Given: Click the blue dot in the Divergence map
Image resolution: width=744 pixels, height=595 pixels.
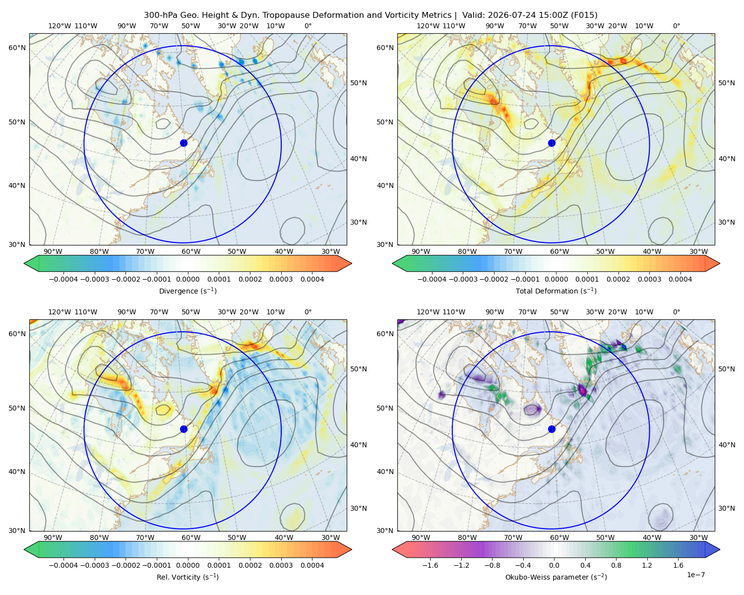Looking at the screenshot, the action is [184, 143].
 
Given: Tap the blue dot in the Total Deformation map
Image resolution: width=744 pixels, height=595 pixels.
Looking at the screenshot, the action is [552, 143].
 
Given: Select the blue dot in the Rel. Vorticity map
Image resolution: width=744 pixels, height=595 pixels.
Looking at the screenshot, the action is [184, 429].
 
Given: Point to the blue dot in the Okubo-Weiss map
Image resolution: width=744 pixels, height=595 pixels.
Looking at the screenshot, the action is [552, 429].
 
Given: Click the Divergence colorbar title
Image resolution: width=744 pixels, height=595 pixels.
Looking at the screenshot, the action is [187, 291].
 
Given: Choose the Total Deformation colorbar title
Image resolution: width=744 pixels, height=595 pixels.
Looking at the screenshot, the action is [556, 291].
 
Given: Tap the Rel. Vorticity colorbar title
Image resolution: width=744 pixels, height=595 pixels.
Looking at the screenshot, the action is [187, 577].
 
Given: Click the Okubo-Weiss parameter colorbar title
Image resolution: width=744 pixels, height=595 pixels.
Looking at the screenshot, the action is [556, 577].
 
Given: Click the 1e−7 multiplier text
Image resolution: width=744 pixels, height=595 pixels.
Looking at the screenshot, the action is [695, 575].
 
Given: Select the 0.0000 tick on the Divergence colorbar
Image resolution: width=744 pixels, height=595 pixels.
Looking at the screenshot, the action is [187, 279].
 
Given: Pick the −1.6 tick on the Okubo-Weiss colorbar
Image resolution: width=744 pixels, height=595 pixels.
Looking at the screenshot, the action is [431, 565].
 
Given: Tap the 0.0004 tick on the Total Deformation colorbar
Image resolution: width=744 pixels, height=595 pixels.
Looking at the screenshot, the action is [680, 279].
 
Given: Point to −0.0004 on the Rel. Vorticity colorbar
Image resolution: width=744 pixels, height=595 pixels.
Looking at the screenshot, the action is [63, 565].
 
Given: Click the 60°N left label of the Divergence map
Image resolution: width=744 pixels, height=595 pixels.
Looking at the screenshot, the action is [17, 48].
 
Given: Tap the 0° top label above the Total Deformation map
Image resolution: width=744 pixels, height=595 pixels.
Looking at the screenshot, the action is [677, 26].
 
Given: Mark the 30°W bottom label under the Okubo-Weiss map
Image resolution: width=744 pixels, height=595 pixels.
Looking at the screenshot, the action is [699, 537].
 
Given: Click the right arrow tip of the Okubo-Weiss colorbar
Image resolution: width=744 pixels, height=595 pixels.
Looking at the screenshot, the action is [720, 549].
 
